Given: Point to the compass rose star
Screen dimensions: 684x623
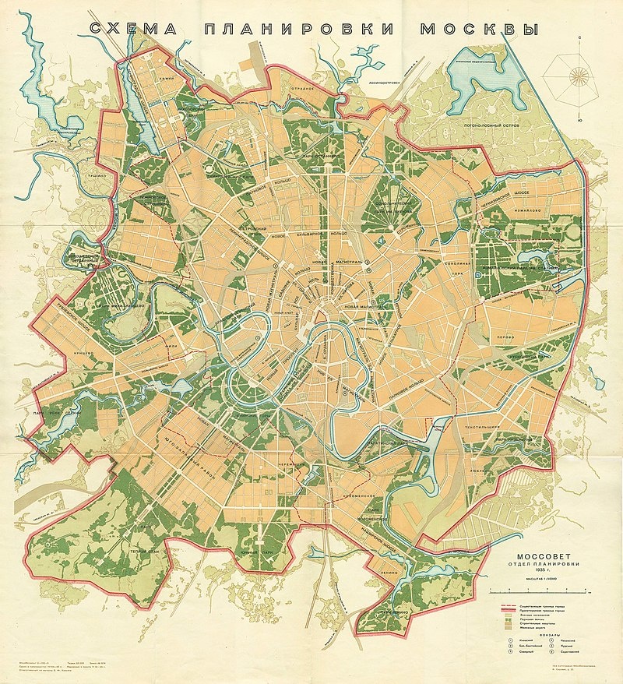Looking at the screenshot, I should pyautogui.click(x=579, y=76).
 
